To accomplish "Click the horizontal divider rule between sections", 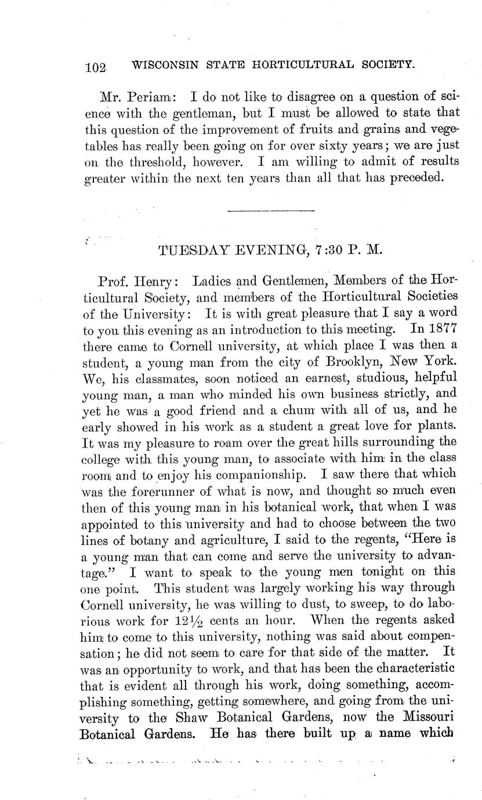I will [271, 210].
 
